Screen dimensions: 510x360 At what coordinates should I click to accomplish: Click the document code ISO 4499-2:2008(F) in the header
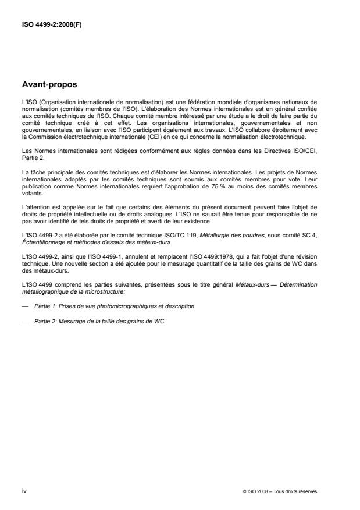tap(52, 25)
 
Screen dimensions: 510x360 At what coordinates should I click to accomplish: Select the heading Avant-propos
tap(49, 84)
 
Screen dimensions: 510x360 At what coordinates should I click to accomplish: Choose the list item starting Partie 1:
tap(114, 305)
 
